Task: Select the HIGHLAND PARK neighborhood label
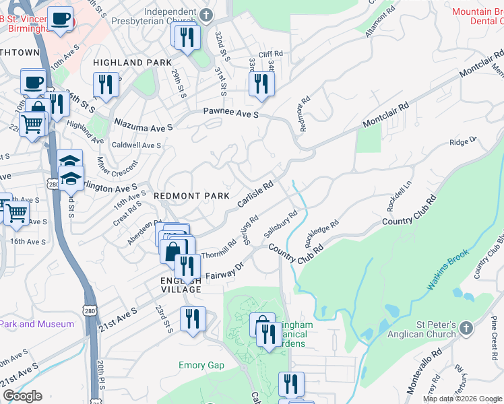(128, 63)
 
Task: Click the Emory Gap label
(201, 366)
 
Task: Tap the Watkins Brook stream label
(448, 271)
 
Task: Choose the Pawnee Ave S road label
(231, 113)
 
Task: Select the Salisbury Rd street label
(281, 224)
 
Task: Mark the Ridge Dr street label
(463, 141)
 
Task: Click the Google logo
(22, 395)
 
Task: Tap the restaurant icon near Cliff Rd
(259, 84)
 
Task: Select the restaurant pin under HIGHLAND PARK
(106, 84)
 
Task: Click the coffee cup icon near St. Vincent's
(60, 19)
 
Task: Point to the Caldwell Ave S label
(137, 145)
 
